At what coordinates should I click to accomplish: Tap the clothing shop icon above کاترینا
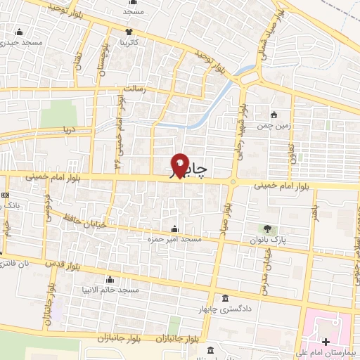tap(129, 32)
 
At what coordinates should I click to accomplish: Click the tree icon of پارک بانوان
tap(266, 229)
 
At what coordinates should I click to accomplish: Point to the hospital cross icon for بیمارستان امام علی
tap(325, 342)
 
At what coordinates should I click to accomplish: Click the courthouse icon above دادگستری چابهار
tap(224, 297)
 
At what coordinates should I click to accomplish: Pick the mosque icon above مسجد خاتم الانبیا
tap(110, 279)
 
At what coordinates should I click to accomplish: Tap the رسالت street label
tap(134, 89)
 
